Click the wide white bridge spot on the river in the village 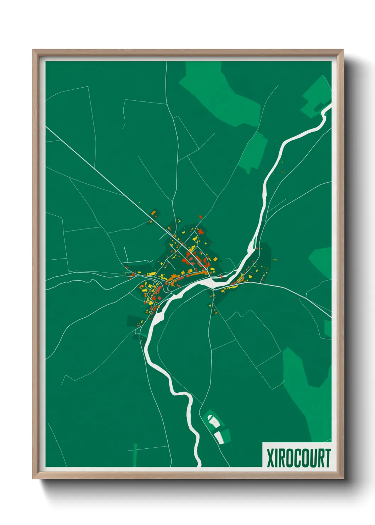pos(212,282)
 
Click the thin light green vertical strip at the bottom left pos(135,455)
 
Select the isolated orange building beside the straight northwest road pos(154,213)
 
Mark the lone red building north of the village pos(200,216)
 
